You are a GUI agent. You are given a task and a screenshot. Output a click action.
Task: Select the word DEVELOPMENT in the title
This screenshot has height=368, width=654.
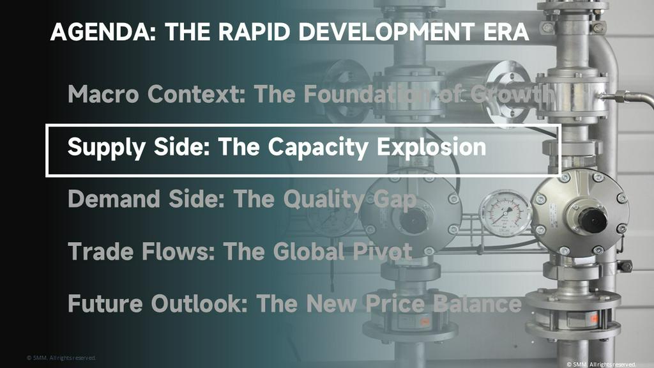coord(386,32)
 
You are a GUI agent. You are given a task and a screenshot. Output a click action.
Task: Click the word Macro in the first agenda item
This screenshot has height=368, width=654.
coord(103,94)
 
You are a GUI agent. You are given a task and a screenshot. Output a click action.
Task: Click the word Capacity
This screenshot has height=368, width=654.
coord(318,148)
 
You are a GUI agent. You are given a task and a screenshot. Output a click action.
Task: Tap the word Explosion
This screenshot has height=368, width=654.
coord(432,147)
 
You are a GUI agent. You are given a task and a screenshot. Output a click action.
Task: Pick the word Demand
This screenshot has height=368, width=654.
coord(114,199)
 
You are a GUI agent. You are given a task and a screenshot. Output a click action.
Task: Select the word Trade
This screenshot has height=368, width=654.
coord(100,251)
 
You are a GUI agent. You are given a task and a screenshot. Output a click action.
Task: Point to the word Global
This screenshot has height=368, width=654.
coord(309,251)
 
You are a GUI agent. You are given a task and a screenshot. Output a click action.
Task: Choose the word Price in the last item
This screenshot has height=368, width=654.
coord(395,303)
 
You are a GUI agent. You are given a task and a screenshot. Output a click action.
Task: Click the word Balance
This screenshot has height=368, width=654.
coord(478,303)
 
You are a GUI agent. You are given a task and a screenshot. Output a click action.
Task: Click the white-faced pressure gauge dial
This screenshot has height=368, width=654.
coord(505,213)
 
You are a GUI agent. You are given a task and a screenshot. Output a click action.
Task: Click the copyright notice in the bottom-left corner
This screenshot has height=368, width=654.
coord(61,358)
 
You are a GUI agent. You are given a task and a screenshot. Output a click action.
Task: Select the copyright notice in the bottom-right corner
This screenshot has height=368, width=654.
coord(601,364)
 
